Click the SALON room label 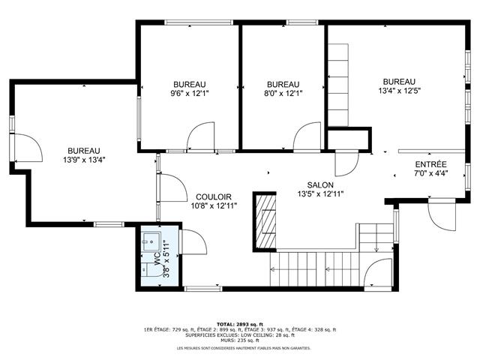[320, 185]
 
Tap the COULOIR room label [214, 196]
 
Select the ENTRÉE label [430, 164]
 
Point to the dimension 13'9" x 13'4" [83, 159]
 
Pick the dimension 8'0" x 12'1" [283, 94]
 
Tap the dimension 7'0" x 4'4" [430, 174]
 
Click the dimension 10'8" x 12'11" [214, 205]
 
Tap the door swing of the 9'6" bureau [200, 138]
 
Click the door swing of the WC [192, 244]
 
